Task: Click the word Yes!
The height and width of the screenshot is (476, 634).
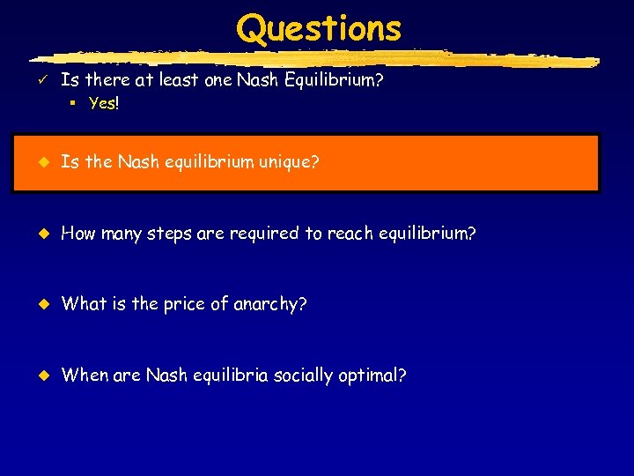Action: click(x=104, y=103)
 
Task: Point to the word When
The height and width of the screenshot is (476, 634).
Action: click(x=85, y=375)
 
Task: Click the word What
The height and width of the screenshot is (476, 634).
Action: click(x=84, y=304)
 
